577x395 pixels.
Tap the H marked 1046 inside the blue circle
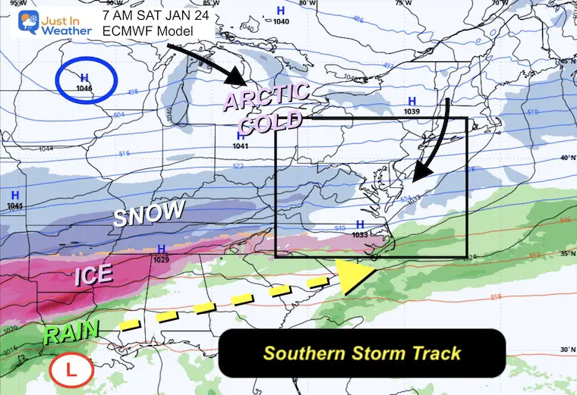click(x=84, y=77)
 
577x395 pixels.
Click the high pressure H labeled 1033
click(x=360, y=224)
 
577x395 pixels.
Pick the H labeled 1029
click(x=161, y=249)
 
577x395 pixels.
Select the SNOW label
click(x=149, y=214)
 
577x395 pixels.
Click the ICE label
click(x=95, y=276)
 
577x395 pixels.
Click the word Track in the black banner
click(x=433, y=353)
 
